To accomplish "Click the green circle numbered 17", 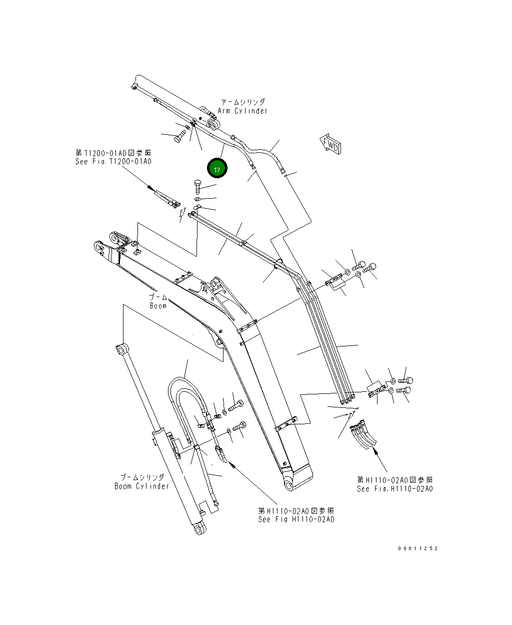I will (x=217, y=169).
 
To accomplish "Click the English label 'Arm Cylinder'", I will (x=243, y=111).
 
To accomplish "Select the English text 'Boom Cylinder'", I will (x=142, y=486).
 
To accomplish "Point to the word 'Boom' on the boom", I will (x=158, y=306).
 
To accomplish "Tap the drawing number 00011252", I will (x=417, y=548).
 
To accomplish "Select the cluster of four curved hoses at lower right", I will (x=364, y=433).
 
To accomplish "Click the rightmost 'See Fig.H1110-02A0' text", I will (x=395, y=489).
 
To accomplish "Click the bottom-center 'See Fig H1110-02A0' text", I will (x=296, y=519).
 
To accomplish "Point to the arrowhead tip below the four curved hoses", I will (x=375, y=451).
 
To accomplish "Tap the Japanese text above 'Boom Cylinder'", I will (x=142, y=478).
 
